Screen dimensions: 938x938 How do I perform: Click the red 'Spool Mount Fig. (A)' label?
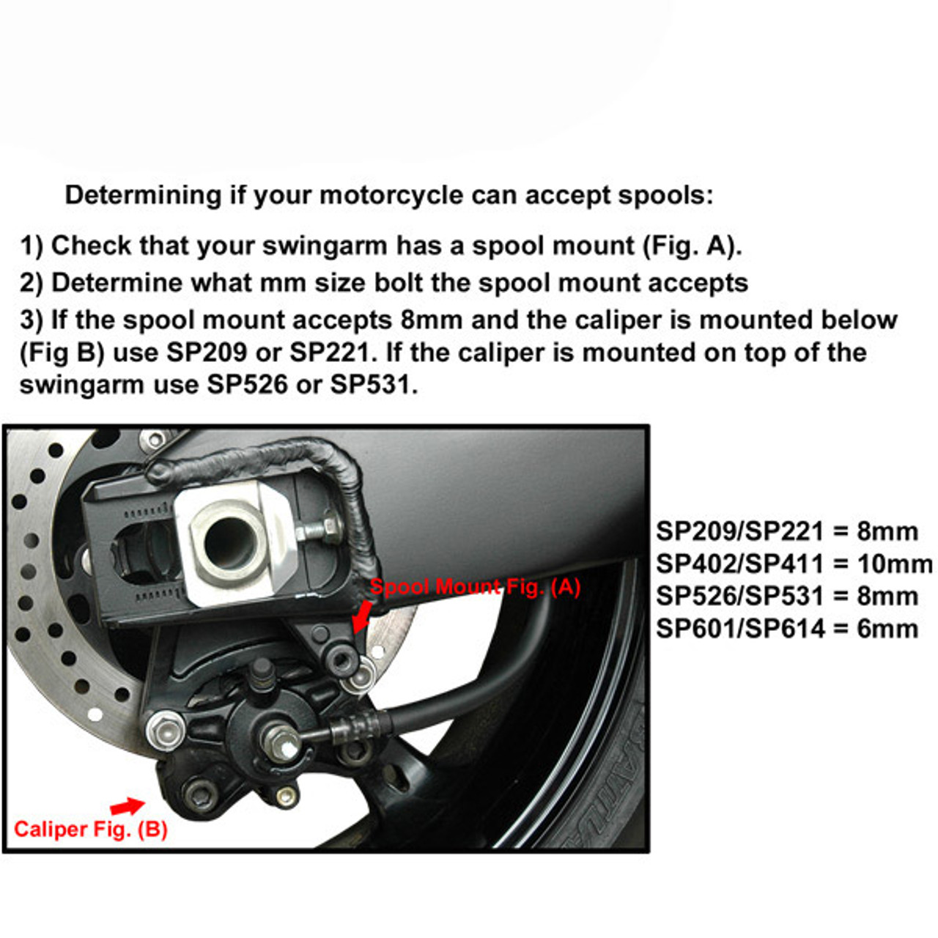click(475, 587)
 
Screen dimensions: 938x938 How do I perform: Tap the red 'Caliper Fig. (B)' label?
click(91, 830)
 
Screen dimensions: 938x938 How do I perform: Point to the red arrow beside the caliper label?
click(128, 806)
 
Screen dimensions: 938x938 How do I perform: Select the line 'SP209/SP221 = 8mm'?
click(786, 531)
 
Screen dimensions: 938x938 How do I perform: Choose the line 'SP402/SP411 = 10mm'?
click(794, 564)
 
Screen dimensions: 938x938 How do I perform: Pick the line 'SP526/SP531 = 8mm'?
click(786, 596)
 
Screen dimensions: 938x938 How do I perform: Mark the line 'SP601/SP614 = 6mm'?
click(786, 628)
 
